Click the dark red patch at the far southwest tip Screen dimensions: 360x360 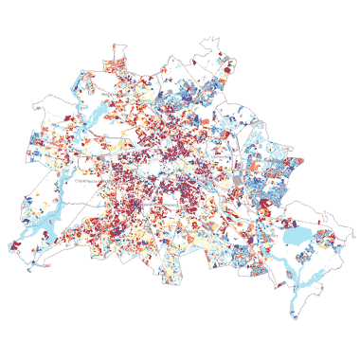(x=15, y=245)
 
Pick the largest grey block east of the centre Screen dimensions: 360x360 (x=236, y=180)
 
